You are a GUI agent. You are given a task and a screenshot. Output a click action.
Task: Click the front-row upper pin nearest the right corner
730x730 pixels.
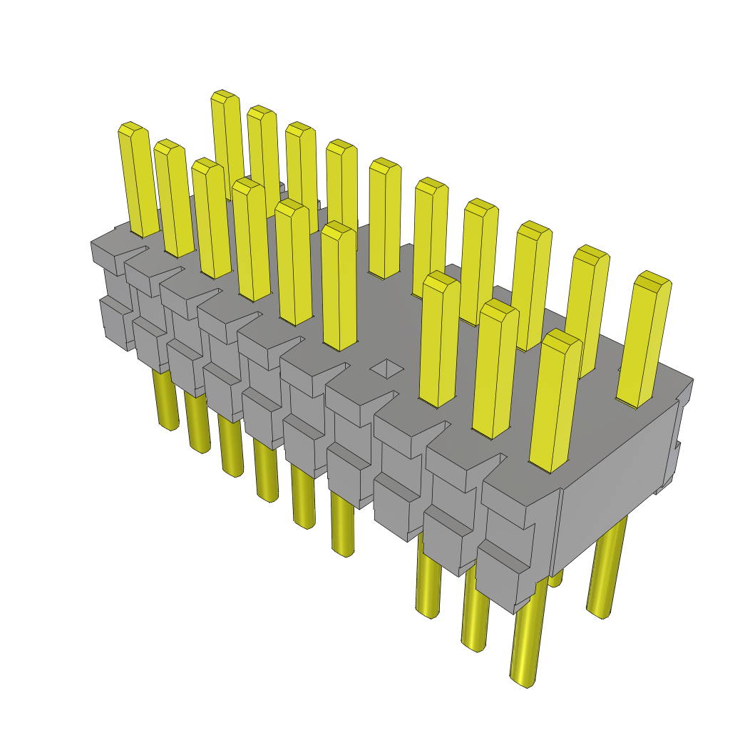click(x=555, y=399)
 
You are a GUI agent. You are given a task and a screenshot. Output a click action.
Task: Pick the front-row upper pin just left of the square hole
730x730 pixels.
click(x=338, y=285)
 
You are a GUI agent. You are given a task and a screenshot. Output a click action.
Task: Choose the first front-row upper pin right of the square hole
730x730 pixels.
click(x=439, y=339)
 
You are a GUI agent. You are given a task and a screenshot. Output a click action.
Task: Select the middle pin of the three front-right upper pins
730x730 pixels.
click(x=495, y=367)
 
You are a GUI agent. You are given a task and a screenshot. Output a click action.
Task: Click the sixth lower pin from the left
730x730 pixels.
click(x=342, y=528)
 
